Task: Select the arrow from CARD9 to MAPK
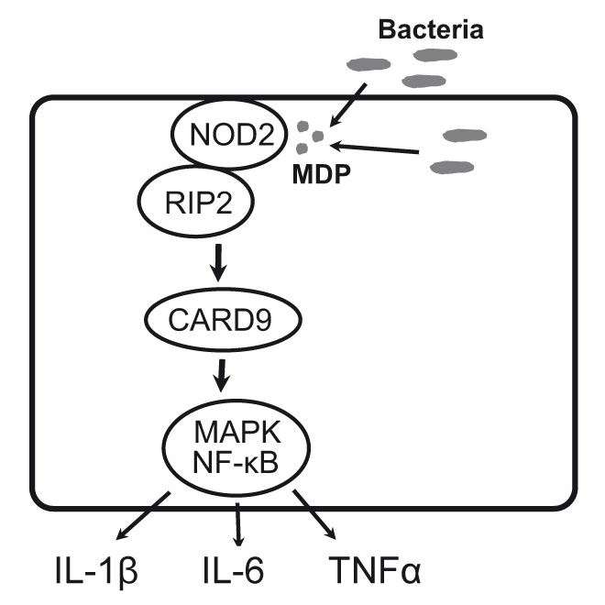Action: coord(220,377)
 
